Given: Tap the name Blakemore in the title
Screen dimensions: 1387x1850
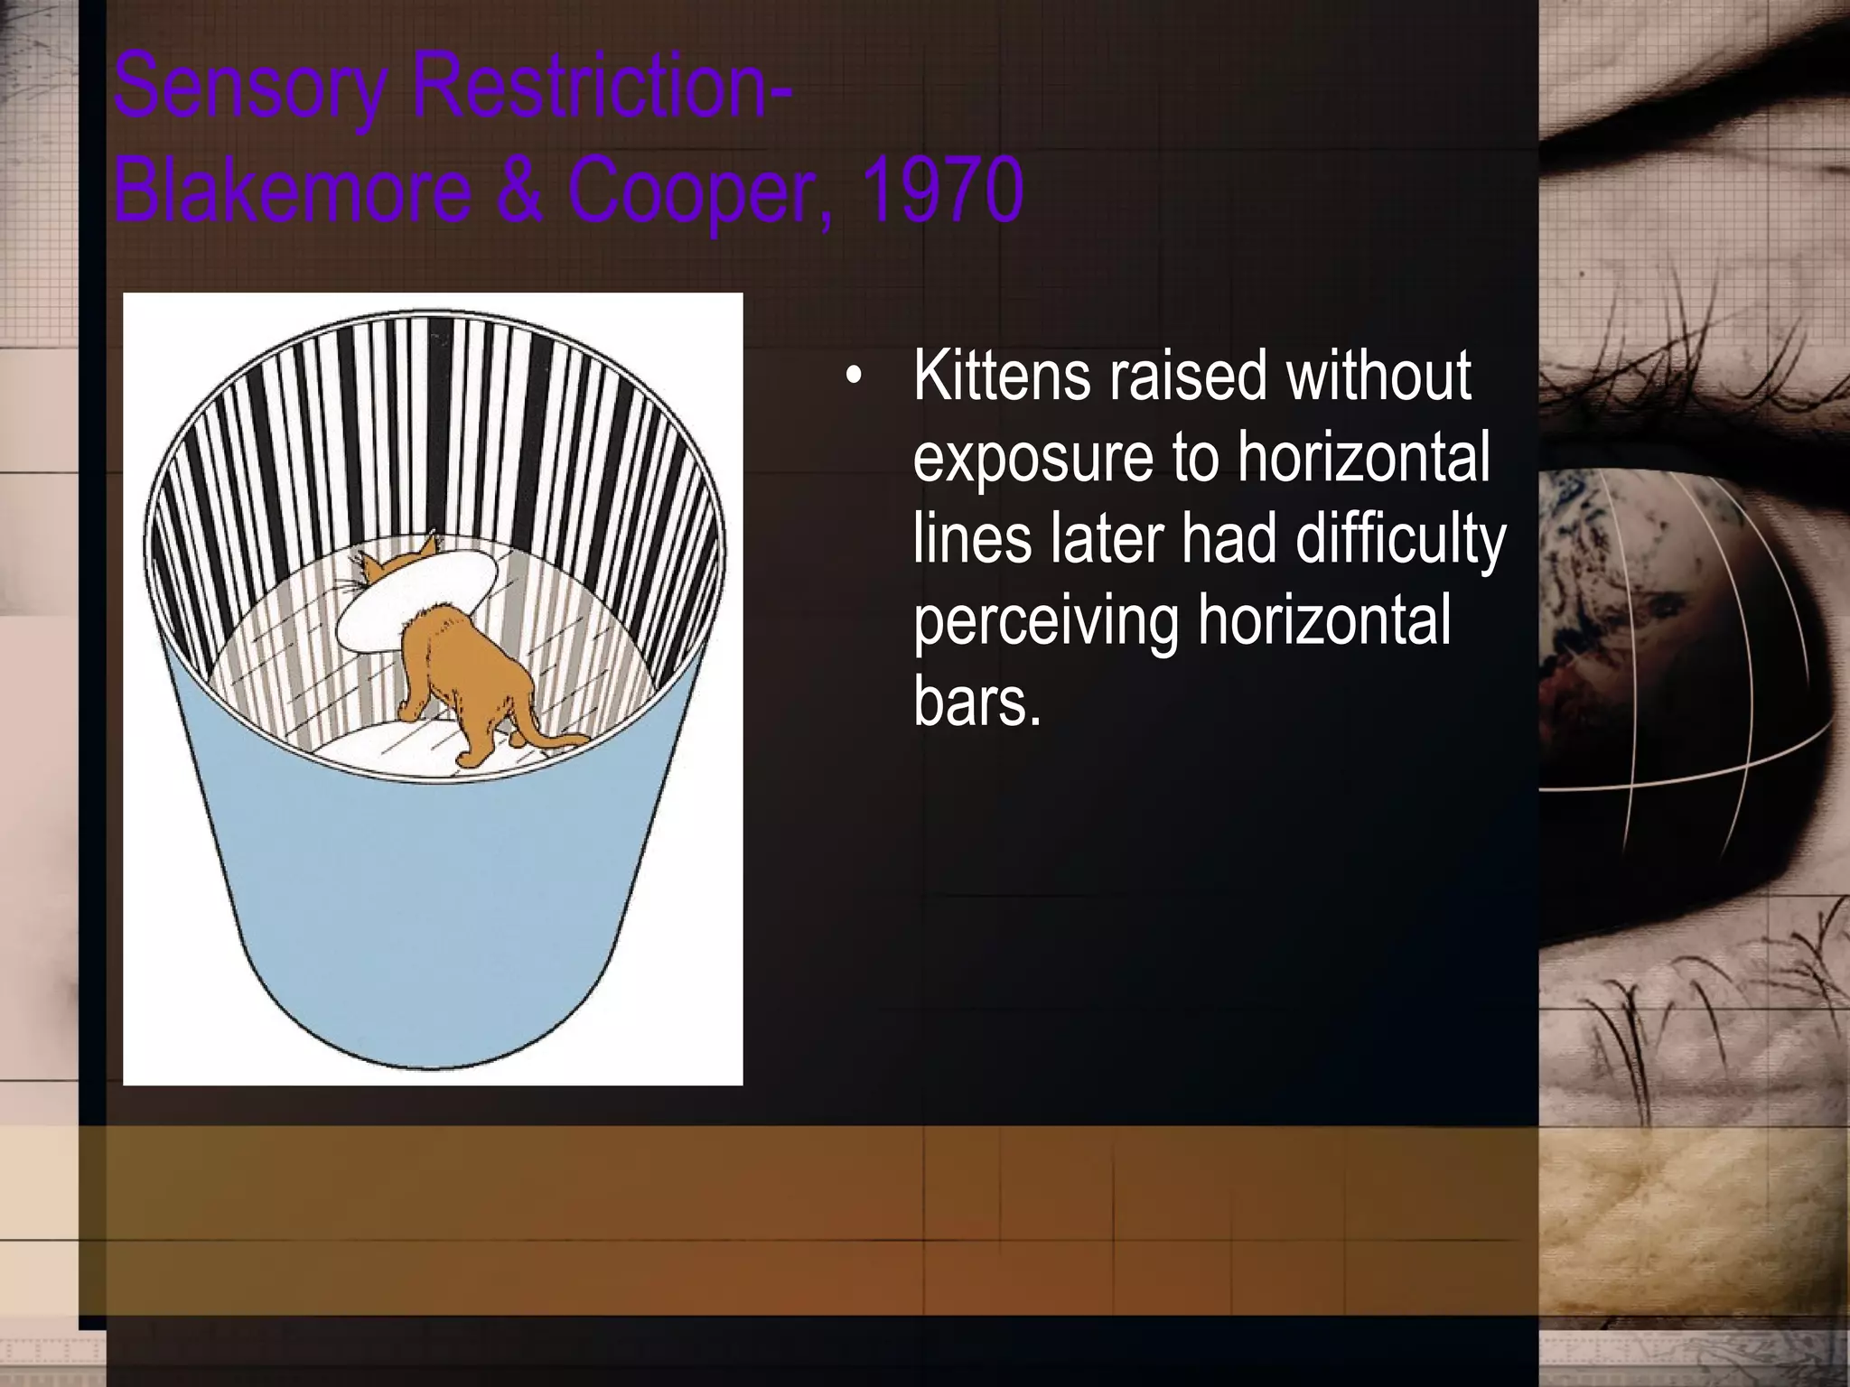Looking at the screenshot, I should (293, 190).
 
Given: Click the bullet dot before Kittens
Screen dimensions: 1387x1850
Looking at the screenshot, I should (853, 379).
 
